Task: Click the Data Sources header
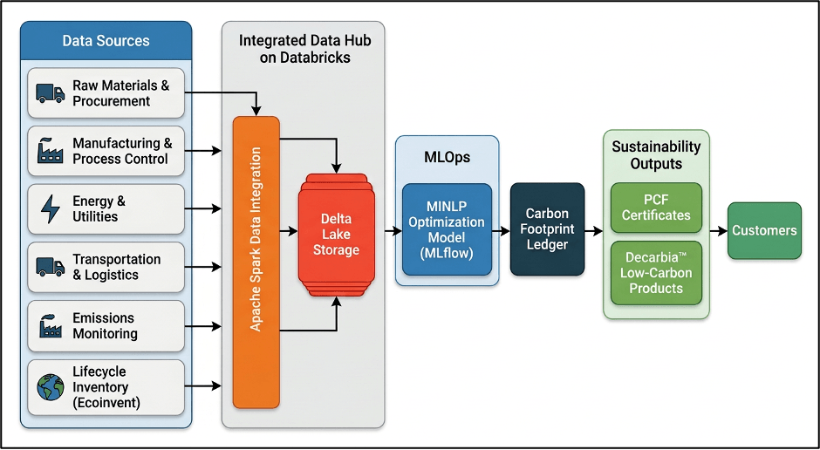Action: [106, 41]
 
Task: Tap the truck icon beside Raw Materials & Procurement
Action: [51, 93]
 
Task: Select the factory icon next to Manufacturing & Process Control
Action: [51, 151]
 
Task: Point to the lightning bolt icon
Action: [51, 209]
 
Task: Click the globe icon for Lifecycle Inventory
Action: [51, 387]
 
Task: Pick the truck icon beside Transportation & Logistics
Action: [51, 267]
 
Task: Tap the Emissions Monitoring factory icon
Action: [51, 325]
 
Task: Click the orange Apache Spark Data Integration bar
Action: [256, 262]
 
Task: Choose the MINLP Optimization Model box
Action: [447, 229]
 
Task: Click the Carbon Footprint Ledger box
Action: [547, 228]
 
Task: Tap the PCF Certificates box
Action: [656, 208]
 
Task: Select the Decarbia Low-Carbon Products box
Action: [656, 273]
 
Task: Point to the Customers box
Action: [764, 230]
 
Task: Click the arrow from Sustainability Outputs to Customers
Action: [719, 230]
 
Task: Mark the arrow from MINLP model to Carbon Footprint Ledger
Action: [501, 230]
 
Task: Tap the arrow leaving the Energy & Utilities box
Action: [203, 209]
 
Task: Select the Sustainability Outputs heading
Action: [656, 154]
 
